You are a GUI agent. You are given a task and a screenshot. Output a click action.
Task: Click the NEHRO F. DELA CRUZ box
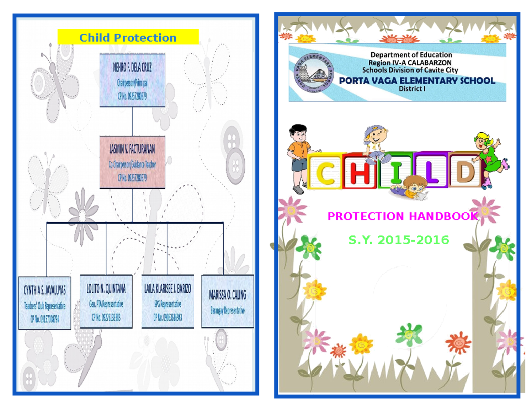(133, 80)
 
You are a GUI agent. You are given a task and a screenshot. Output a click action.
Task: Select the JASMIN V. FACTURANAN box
(133, 162)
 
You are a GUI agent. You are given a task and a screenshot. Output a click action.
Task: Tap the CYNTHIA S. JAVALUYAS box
(44, 303)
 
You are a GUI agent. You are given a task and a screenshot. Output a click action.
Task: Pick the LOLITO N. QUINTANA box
(106, 301)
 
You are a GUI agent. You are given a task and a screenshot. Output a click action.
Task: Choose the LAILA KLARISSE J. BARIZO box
(168, 301)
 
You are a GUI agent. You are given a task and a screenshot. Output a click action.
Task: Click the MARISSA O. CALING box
(227, 301)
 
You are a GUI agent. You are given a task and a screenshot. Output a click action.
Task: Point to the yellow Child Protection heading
(128, 38)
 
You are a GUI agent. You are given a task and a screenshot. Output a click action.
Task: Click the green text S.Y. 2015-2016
(399, 240)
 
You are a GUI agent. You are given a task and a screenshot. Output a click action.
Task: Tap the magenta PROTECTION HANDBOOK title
(403, 216)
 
